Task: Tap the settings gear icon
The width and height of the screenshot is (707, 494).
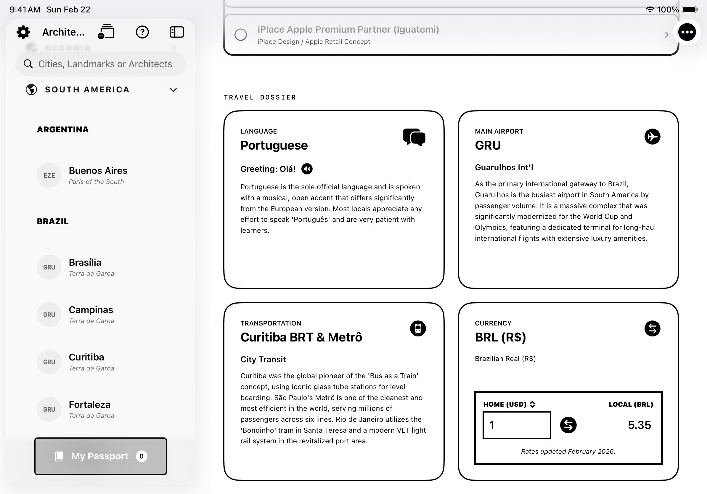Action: pos(23,32)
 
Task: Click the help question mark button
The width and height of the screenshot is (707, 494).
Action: pos(142,32)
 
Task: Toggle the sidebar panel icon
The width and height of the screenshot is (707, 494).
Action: pos(177,32)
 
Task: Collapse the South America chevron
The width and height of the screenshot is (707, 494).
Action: pos(173,90)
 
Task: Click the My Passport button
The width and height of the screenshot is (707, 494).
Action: pos(101,456)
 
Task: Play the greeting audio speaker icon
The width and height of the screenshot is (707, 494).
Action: pos(307,169)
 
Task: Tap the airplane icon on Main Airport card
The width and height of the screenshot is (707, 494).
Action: pos(652,137)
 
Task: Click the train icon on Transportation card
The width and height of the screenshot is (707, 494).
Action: pos(418,328)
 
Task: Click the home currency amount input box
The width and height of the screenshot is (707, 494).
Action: pos(517,425)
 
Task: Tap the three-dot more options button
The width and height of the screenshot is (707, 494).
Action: pos(687,32)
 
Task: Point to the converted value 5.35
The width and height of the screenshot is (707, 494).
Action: pos(639,425)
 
